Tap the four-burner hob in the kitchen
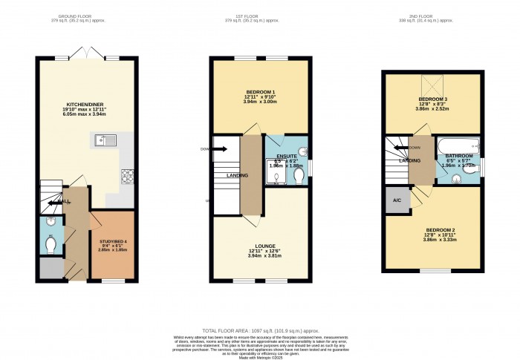(127, 176)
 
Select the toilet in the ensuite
(298, 175)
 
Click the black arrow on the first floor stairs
(220, 148)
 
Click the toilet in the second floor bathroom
(453, 176)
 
